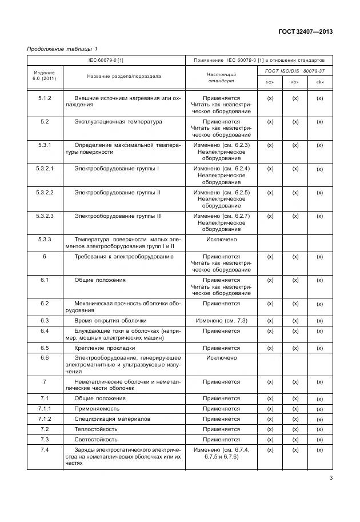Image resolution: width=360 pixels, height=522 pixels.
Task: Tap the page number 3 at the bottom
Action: [x=330, y=479]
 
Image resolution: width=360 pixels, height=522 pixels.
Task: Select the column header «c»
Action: [x=270, y=82]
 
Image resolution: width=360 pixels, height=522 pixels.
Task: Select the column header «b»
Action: [x=295, y=82]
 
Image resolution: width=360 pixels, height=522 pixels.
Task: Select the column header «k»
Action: [x=320, y=82]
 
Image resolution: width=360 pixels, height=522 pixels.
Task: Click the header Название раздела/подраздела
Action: [x=124, y=76]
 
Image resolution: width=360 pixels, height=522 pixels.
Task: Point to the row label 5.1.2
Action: [x=45, y=98]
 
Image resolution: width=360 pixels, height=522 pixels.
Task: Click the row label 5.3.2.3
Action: [x=45, y=216]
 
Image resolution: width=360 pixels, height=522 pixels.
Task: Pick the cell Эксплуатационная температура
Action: [x=118, y=122]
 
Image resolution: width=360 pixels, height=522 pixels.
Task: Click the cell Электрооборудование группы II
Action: [x=117, y=193]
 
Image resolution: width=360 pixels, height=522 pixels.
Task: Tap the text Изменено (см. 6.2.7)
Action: [x=221, y=216]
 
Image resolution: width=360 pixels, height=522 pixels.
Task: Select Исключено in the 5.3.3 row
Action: [x=221, y=240]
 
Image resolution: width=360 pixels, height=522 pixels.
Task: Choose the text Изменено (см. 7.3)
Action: [x=221, y=321]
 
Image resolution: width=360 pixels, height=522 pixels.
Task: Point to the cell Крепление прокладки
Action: [x=105, y=348]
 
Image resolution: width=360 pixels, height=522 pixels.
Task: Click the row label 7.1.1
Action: [x=45, y=409]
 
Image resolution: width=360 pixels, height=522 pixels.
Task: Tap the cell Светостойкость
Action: [x=96, y=440]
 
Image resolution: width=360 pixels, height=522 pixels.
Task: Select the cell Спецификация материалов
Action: [x=113, y=419]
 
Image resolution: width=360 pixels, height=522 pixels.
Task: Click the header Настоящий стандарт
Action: [x=221, y=78]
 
